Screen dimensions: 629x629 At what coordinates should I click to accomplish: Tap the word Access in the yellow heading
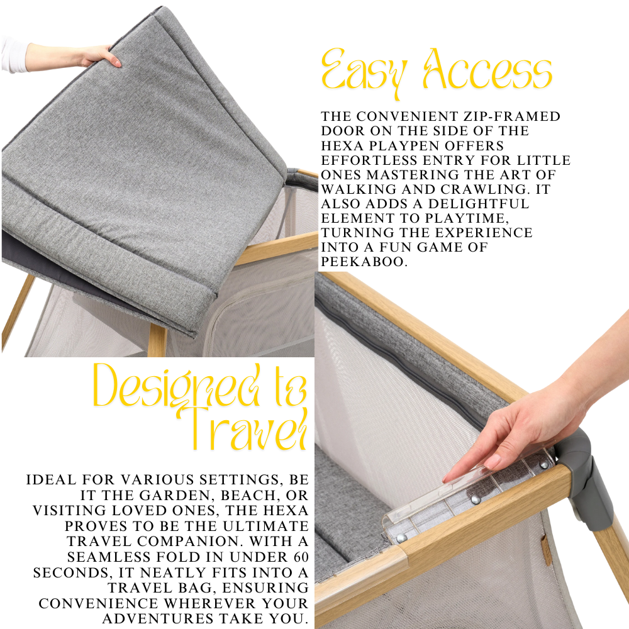[487, 69]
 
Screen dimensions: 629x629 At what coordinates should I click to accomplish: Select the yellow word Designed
[176, 386]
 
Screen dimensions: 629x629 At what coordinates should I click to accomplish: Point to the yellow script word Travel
[245, 428]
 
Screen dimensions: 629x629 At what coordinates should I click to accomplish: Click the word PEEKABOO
[364, 262]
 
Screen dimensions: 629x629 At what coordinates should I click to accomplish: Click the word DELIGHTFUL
[479, 203]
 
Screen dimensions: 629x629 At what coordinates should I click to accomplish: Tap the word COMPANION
[190, 541]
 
